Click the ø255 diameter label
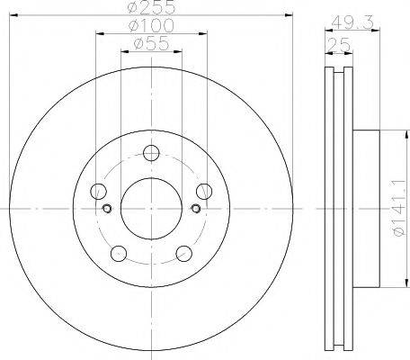pyautogui.click(x=151, y=7)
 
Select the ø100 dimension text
pyautogui.click(x=151, y=25)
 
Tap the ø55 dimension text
pyautogui.click(x=151, y=44)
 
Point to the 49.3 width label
pyautogui.click(x=353, y=22)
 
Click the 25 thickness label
pyautogui.click(x=339, y=45)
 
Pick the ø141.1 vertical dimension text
pyautogui.click(x=400, y=211)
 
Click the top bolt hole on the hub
pyautogui.click(x=151, y=153)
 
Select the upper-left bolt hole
pyautogui.click(x=98, y=192)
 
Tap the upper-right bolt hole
pyautogui.click(x=204, y=192)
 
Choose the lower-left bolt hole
pyautogui.click(x=119, y=254)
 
